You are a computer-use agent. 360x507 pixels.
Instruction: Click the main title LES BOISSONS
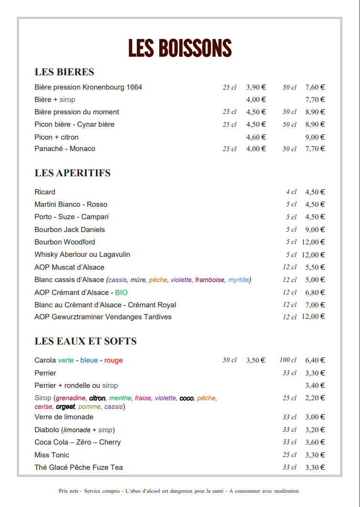(180, 48)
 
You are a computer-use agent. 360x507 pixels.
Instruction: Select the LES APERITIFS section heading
(72, 173)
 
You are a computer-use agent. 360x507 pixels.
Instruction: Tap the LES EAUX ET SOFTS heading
(85, 341)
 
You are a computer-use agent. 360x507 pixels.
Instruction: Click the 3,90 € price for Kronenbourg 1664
(256, 87)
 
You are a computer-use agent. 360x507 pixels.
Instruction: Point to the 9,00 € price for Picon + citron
(315, 137)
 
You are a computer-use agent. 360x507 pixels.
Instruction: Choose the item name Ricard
(45, 192)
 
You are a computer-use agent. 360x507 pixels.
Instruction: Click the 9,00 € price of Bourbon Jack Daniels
(315, 230)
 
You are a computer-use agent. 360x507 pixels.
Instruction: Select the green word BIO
(121, 293)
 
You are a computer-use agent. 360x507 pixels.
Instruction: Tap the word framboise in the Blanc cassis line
(209, 280)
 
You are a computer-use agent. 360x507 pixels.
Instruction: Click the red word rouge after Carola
(113, 361)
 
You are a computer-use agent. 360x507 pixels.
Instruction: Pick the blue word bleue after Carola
(89, 361)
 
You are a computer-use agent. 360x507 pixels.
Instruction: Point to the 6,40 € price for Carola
(315, 360)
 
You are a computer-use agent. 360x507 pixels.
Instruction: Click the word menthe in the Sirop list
(120, 398)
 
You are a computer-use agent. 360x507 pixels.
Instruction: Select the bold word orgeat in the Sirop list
(65, 407)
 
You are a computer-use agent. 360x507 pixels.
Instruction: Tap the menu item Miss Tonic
(51, 455)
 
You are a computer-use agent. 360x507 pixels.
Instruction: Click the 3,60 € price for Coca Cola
(315, 442)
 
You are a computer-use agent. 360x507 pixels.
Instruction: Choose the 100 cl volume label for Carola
(288, 360)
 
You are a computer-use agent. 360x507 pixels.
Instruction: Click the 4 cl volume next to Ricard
(291, 192)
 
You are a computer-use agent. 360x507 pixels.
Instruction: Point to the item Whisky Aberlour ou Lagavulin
(82, 254)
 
